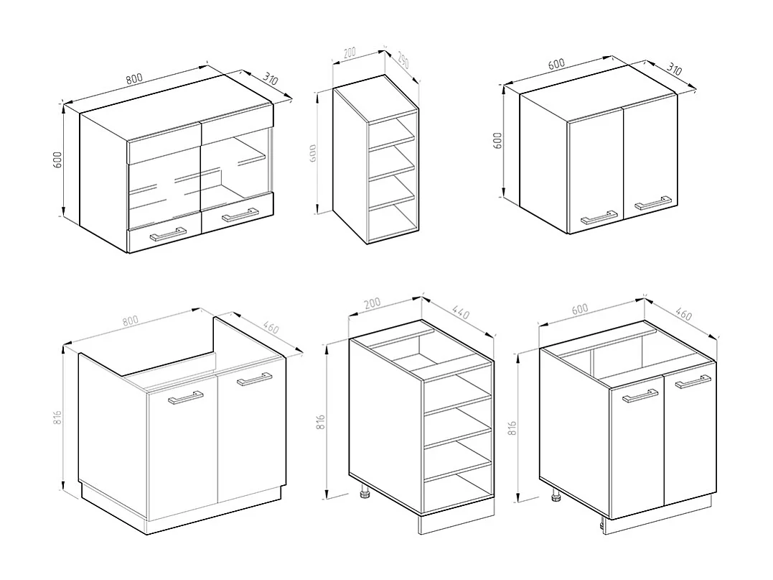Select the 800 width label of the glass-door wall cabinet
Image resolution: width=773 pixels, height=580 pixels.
coord(134,79)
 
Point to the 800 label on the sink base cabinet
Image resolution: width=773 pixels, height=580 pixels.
coord(130,321)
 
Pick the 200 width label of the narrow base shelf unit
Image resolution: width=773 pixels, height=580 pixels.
coord(372,304)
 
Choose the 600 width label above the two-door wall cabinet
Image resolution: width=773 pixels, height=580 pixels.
coord(556,64)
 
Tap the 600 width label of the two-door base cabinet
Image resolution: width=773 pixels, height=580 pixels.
coord(579,309)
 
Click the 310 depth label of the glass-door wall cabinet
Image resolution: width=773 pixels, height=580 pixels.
coord(270,79)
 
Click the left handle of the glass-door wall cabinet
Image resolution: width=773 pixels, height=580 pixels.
coord(166,234)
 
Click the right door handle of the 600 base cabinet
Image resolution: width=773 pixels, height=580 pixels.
coord(692,381)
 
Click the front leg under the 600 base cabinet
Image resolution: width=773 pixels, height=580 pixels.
coord(557,496)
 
